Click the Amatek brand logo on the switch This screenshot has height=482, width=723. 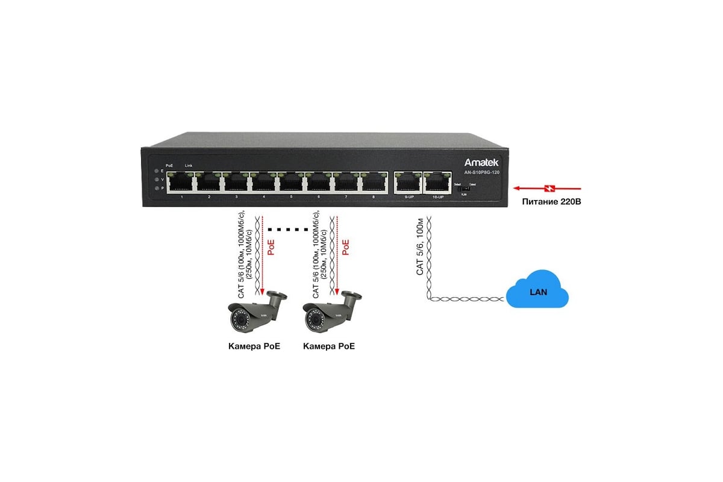pos(481,162)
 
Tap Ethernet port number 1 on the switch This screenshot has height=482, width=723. pos(182,182)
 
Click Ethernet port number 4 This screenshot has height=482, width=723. pos(264,182)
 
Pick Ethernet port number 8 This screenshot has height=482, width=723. pos(374,182)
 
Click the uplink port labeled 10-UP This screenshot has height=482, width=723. pos(436,182)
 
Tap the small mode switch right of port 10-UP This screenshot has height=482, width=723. pos(463,189)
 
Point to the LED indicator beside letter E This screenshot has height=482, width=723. pos(157,171)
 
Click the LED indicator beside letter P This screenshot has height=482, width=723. pos(157,189)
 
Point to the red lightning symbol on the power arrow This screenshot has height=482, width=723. pos(548,187)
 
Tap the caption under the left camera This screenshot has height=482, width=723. pos(254,346)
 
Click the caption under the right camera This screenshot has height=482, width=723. pos(329,346)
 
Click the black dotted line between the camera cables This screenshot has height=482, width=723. pos(292,230)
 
